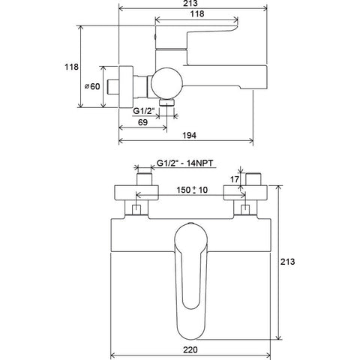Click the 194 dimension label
coord(189,135)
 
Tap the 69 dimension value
coord(142,122)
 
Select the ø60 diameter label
coord(92,86)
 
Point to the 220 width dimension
coord(190,349)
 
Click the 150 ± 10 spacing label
coord(192,190)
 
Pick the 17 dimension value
coord(235,179)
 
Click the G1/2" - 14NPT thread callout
coord(185,163)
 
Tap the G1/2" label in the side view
coord(144,111)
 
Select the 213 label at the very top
coord(190,3)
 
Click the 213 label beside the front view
coord(287,262)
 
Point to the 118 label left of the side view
coord(71,67)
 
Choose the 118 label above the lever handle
coord(197,13)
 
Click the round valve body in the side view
coord(167,82)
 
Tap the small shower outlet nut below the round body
coord(167,102)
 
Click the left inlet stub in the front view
coord(144,179)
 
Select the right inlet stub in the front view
coord(253,179)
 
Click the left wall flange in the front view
coord(136,193)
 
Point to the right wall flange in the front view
coord(245,193)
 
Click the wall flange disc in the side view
coord(126,87)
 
